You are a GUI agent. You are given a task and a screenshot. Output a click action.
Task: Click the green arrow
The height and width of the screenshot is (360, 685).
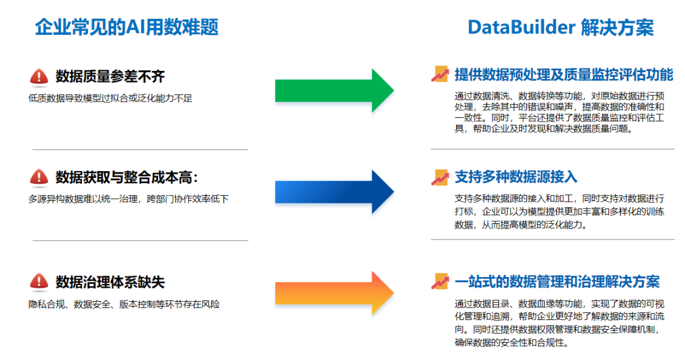click(x=334, y=91)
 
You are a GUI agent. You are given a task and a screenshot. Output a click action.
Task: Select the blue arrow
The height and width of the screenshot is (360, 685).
click(x=334, y=192)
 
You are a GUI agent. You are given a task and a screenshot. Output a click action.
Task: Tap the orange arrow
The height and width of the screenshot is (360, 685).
click(x=334, y=293)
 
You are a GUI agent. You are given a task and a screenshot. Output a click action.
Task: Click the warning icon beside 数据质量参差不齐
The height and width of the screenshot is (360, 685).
click(x=39, y=77)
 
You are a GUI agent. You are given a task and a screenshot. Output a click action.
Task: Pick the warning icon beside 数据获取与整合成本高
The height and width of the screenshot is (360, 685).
click(x=39, y=177)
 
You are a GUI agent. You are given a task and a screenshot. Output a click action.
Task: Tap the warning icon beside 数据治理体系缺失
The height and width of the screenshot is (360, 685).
click(x=39, y=282)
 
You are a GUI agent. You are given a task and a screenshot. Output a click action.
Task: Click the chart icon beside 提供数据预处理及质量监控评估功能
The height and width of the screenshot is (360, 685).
click(x=440, y=74)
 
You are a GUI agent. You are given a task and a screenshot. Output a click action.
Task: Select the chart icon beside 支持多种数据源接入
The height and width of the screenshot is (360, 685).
click(x=440, y=177)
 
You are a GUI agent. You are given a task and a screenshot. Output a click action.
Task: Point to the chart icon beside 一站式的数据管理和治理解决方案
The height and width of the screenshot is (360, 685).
click(x=440, y=281)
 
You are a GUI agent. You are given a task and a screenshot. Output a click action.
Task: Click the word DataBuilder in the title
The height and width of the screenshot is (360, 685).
click(x=521, y=27)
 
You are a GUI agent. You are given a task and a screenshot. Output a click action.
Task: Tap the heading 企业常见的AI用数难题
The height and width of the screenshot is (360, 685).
click(x=127, y=27)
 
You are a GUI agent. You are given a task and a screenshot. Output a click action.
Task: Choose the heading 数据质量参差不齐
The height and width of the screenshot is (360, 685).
click(x=110, y=77)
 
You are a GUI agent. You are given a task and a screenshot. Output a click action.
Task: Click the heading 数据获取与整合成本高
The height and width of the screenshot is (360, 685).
click(x=127, y=177)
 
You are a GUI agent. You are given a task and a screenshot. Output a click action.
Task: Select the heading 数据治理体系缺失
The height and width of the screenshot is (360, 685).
click(x=110, y=282)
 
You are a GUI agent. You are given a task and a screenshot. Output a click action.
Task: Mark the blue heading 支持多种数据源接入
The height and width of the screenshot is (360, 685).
click(x=516, y=177)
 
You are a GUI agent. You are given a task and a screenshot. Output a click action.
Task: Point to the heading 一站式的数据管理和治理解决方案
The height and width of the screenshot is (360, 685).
click(x=557, y=282)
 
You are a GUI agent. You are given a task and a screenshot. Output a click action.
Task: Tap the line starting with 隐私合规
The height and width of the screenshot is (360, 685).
click(x=124, y=305)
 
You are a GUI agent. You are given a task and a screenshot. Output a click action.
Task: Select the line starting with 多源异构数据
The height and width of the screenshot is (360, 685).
click(x=128, y=200)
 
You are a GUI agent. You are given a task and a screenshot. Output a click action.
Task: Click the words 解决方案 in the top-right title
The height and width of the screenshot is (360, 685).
click(x=617, y=27)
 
